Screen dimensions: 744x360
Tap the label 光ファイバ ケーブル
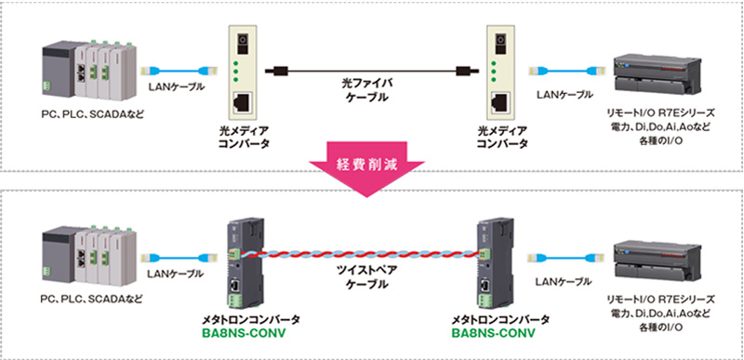[x=365, y=91]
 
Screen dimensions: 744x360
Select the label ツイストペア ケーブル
[x=366, y=277]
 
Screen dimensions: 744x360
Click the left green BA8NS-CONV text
[x=244, y=332]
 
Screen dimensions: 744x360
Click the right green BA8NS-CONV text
[x=494, y=332]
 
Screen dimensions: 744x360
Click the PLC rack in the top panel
[x=88, y=71]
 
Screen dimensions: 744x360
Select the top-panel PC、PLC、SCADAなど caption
[x=91, y=114]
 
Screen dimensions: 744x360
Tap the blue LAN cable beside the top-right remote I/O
[x=565, y=71]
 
